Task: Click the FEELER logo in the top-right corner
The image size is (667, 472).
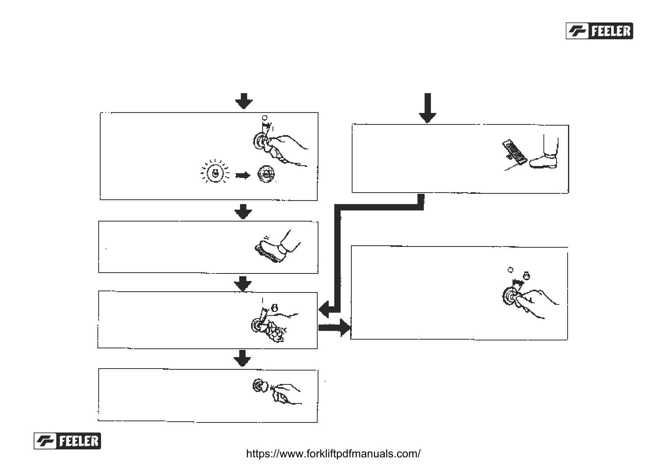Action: pyautogui.click(x=599, y=31)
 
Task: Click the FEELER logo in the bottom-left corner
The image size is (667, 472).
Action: pyautogui.click(x=67, y=441)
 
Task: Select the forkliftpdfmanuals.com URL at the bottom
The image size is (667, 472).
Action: pyautogui.click(x=333, y=453)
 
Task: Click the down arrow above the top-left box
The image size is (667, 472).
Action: pyautogui.click(x=244, y=101)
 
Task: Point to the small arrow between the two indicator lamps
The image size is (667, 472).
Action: pyautogui.click(x=243, y=175)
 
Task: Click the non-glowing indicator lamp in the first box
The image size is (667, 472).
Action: pyautogui.click(x=265, y=174)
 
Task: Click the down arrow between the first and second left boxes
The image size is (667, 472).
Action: pyautogui.click(x=243, y=212)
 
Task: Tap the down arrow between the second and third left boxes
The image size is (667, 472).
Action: pyautogui.click(x=243, y=284)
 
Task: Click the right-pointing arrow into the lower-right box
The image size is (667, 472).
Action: pyautogui.click(x=335, y=328)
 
